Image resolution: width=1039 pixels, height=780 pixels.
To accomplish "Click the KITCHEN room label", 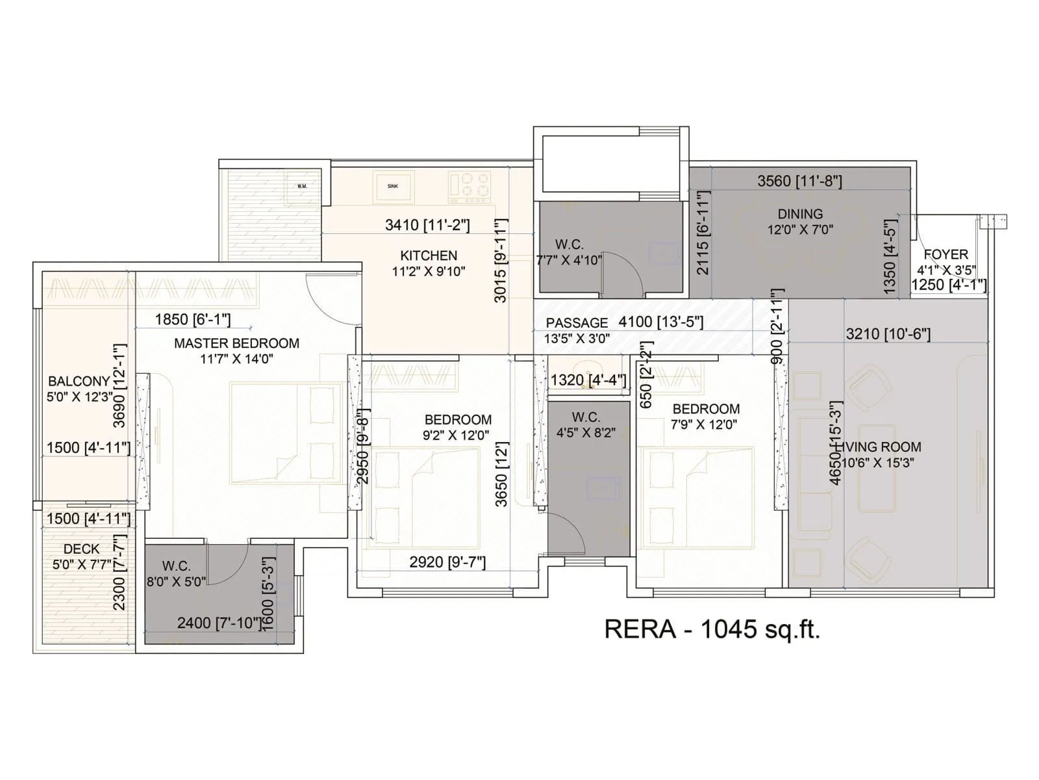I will (429, 255).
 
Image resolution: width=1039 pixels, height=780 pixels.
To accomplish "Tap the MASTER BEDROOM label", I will (236, 343).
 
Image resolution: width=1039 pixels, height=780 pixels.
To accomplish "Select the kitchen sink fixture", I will (393, 186).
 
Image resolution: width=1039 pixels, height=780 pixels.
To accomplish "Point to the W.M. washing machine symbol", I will (302, 186).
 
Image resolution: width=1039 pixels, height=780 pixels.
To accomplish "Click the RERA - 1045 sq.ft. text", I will (712, 629).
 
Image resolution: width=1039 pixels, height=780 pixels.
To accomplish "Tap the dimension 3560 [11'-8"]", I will (799, 181).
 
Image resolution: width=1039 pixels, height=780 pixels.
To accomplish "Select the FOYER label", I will (945, 254).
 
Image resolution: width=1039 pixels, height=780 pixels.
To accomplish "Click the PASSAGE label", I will (577, 322).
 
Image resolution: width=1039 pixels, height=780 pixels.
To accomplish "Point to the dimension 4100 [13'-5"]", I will (660, 321).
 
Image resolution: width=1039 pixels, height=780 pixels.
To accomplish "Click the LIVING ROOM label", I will (882, 447).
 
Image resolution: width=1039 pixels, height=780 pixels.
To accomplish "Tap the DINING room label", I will (800, 214).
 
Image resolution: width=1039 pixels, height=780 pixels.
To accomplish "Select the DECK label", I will (82, 549).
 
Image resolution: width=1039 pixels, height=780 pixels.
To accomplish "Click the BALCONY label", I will (79, 382).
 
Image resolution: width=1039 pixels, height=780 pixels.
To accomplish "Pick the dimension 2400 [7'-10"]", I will (219, 623).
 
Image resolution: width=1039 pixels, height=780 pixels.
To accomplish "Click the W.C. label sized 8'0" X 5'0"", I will (176, 566).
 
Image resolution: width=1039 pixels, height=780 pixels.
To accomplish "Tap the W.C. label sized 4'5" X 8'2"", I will (586, 417).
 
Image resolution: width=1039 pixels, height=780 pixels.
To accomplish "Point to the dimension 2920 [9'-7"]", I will (447, 562).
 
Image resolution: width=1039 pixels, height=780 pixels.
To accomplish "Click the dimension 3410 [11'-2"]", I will (427, 225).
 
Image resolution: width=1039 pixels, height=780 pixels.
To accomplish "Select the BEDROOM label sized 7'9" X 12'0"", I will (706, 409).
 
